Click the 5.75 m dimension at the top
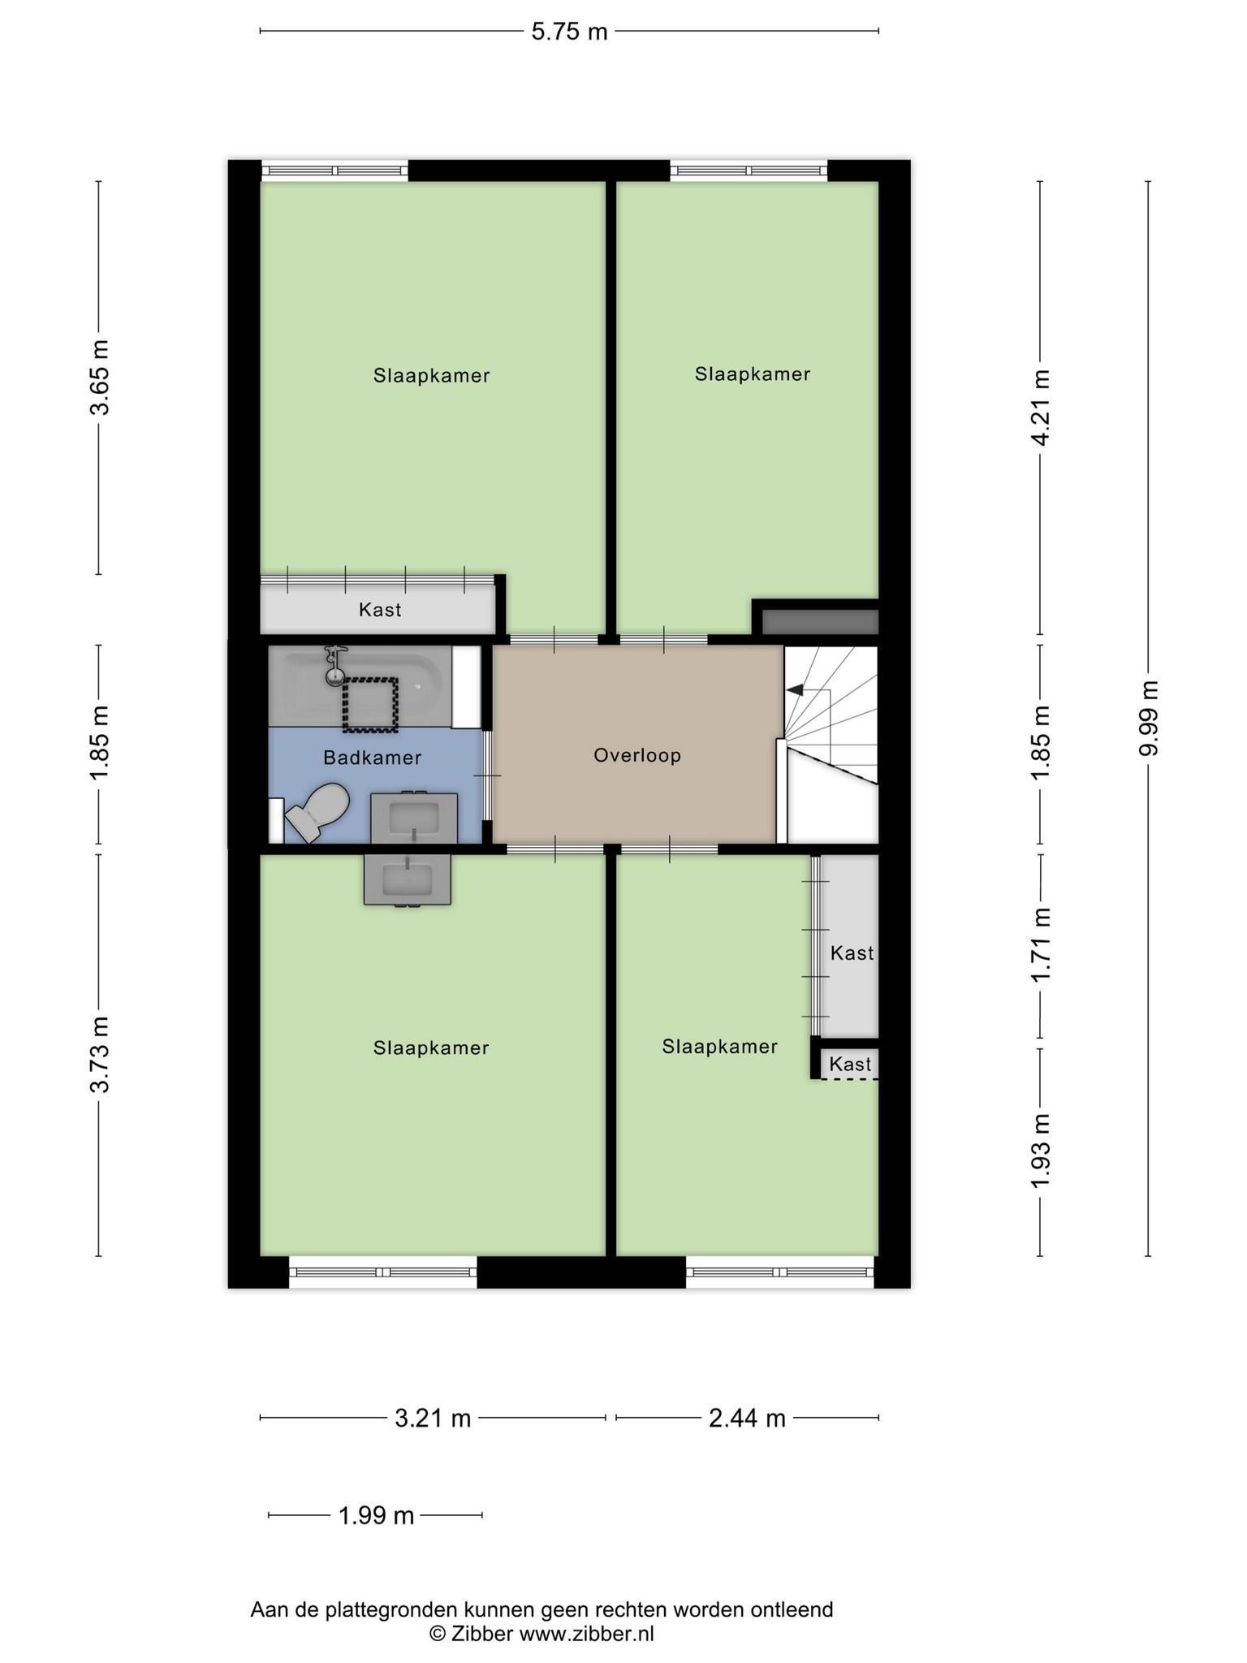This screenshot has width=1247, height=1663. (x=569, y=32)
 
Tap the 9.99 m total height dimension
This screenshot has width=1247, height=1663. (x=1148, y=718)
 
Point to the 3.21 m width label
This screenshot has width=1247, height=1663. (x=433, y=1418)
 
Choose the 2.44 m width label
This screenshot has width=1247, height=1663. (x=747, y=1418)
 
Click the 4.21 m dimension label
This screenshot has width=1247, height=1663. (x=1041, y=408)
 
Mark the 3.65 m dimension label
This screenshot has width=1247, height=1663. (x=99, y=378)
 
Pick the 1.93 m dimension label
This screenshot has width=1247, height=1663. (x=1041, y=1151)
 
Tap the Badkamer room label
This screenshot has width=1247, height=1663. (x=373, y=758)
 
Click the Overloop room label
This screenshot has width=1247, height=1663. (x=637, y=755)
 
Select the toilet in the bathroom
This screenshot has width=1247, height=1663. (x=317, y=811)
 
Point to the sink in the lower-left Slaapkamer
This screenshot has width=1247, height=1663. (x=407, y=880)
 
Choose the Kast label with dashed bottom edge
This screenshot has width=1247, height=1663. (x=850, y=1064)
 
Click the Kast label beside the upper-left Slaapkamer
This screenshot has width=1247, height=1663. (x=380, y=609)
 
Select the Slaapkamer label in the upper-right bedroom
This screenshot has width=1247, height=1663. (x=753, y=374)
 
